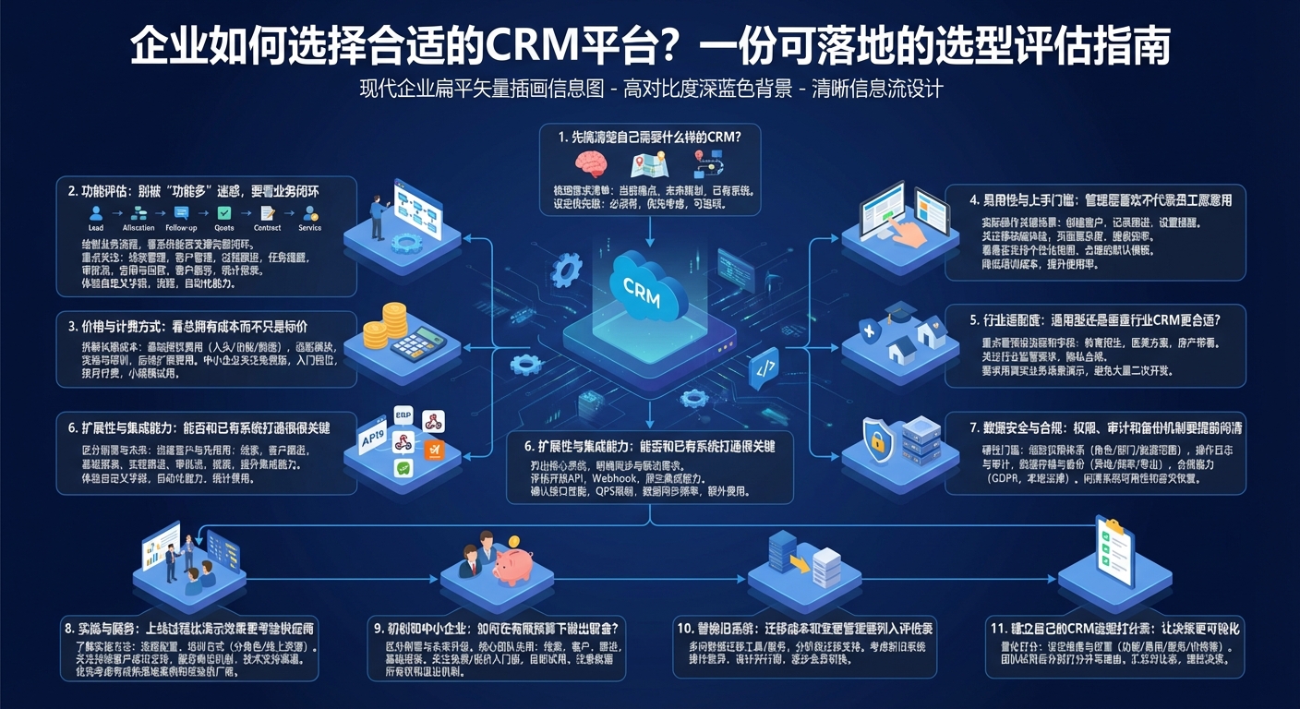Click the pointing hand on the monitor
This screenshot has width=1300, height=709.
click(915, 235)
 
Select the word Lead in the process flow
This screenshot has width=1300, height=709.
click(96, 227)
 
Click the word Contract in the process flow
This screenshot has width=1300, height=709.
click(268, 227)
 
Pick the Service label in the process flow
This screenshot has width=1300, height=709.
click(310, 227)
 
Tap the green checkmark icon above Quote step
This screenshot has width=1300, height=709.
click(223, 212)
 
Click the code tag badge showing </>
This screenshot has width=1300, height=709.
click(765, 367)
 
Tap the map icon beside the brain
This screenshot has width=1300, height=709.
click(647, 165)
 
